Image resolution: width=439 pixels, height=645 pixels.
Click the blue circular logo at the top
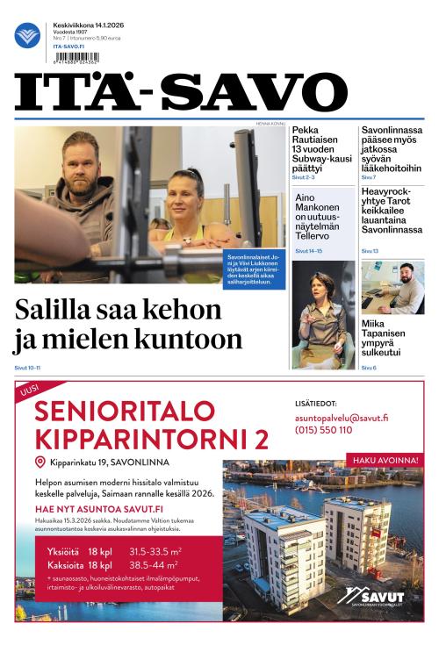click(27, 35)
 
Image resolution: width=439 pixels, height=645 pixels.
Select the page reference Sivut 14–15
click(308, 251)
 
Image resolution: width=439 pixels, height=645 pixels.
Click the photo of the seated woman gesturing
click(323, 314)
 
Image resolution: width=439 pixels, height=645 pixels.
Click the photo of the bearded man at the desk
click(392, 286)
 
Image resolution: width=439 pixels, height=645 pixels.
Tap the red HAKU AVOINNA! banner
click(385, 459)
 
